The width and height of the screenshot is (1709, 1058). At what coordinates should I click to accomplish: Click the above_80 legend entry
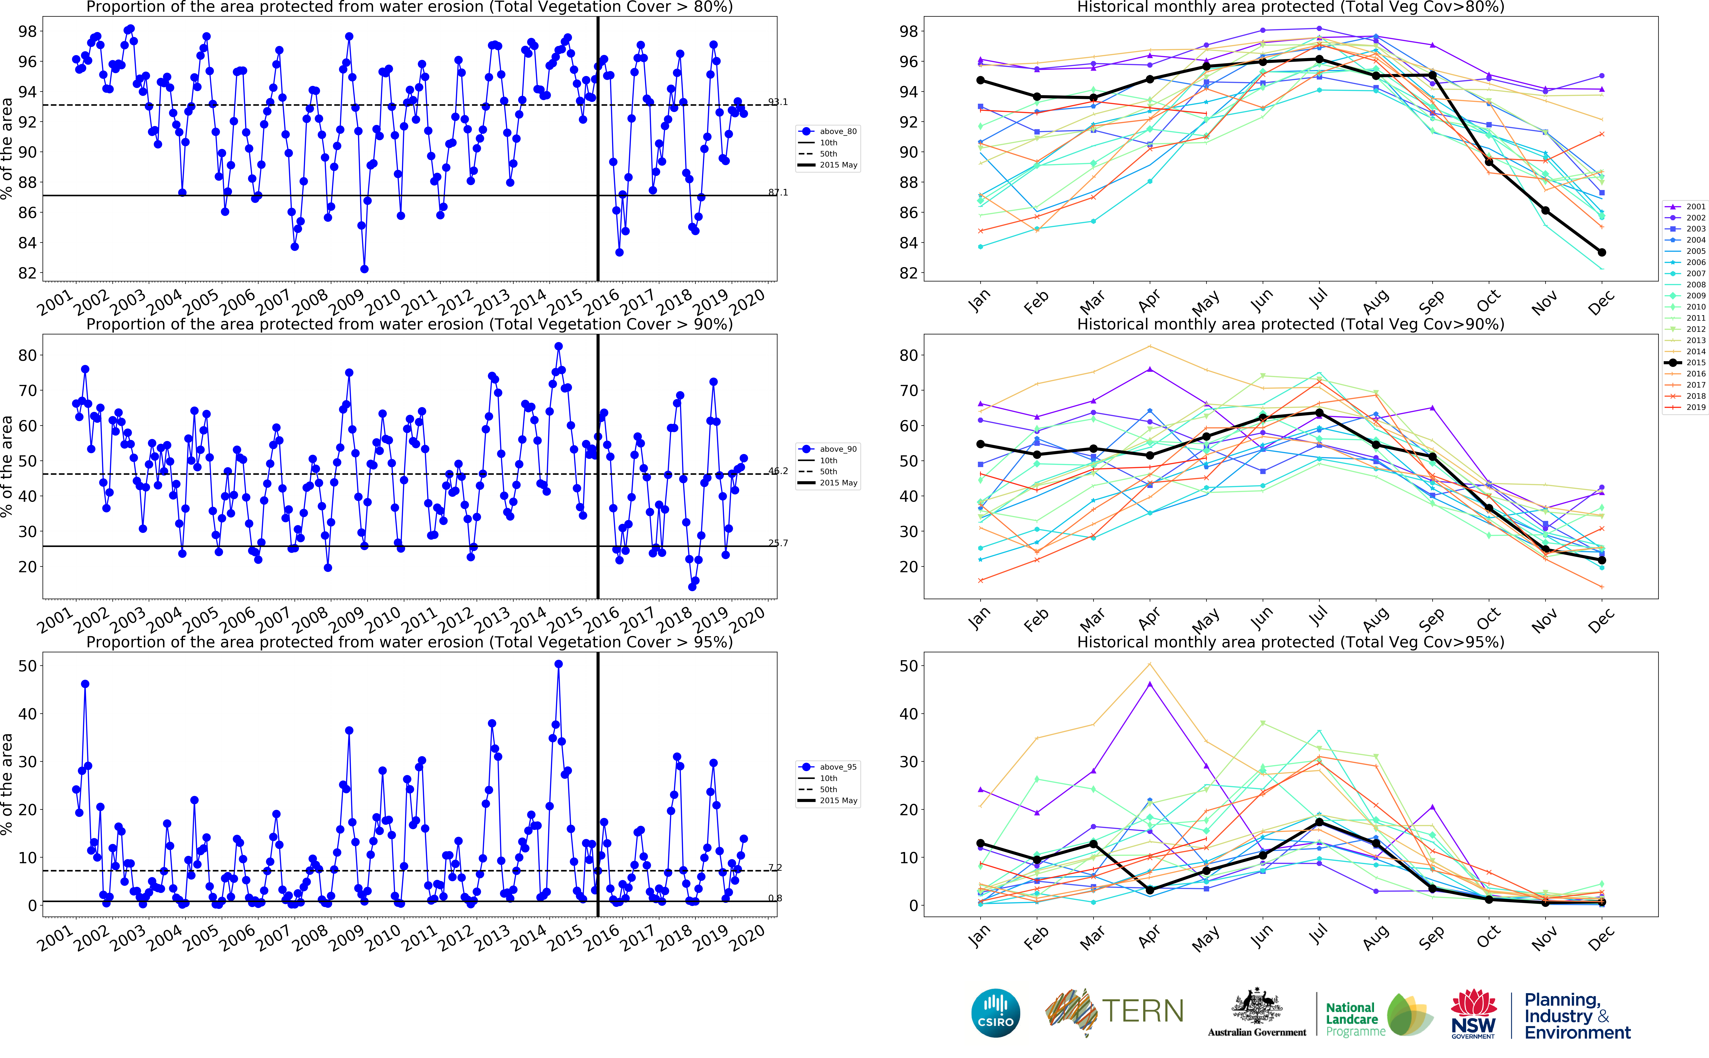(830, 132)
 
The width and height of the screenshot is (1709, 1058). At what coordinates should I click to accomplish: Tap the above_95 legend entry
(830, 767)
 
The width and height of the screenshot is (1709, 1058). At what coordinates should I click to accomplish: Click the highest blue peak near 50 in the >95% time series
(558, 664)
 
